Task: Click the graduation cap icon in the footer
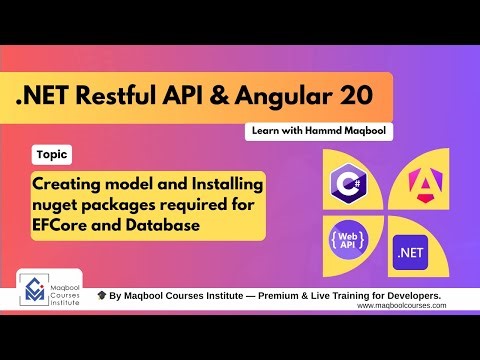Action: point(102,296)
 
